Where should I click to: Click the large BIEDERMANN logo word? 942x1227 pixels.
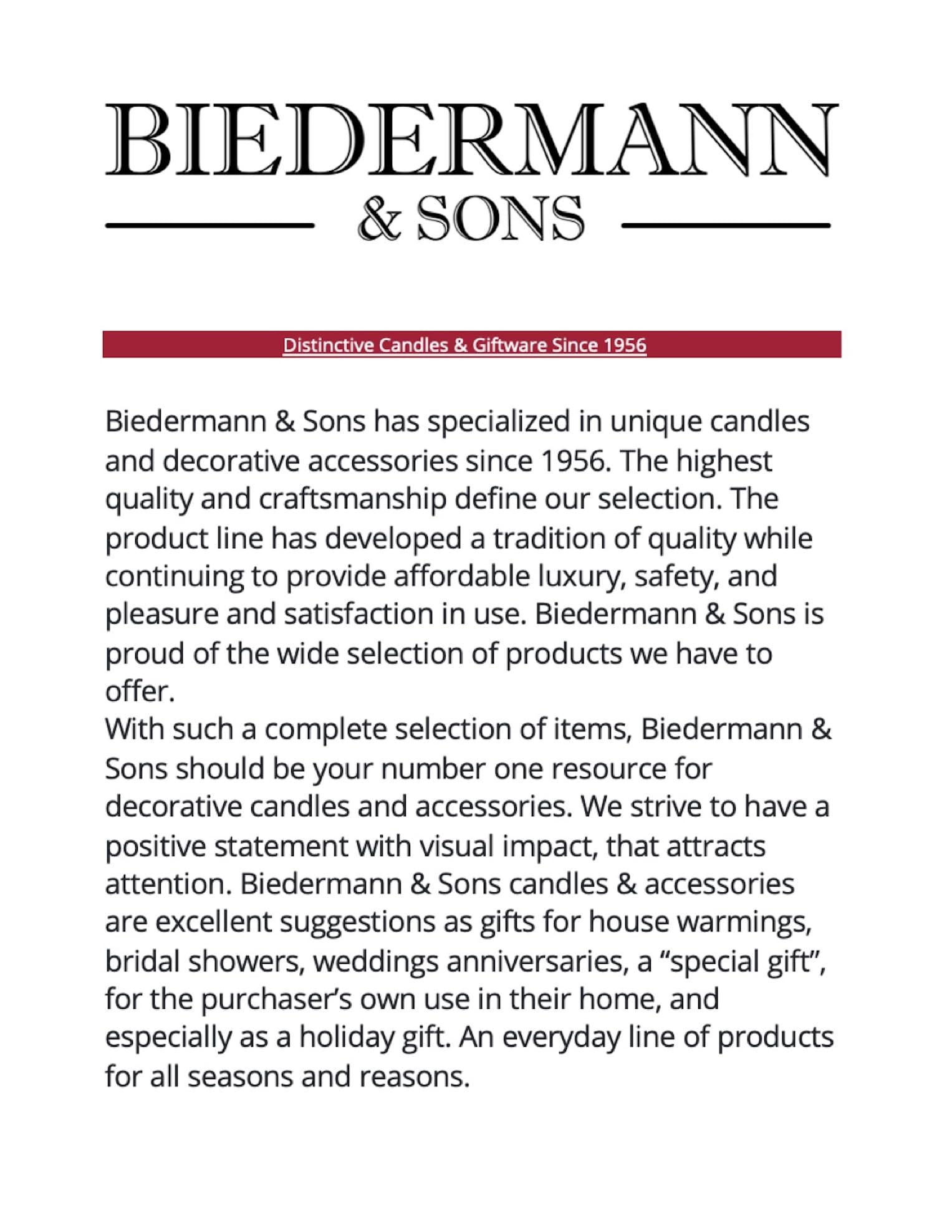pos(472,140)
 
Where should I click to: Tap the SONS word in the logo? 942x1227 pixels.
pos(501,218)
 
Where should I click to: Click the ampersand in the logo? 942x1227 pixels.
pos(379,218)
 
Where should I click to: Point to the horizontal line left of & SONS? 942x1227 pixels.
pos(209,225)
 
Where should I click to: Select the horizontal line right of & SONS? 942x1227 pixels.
pos(726,225)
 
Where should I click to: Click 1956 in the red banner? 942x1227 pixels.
pos(626,345)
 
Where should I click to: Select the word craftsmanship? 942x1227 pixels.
pos(352,499)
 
